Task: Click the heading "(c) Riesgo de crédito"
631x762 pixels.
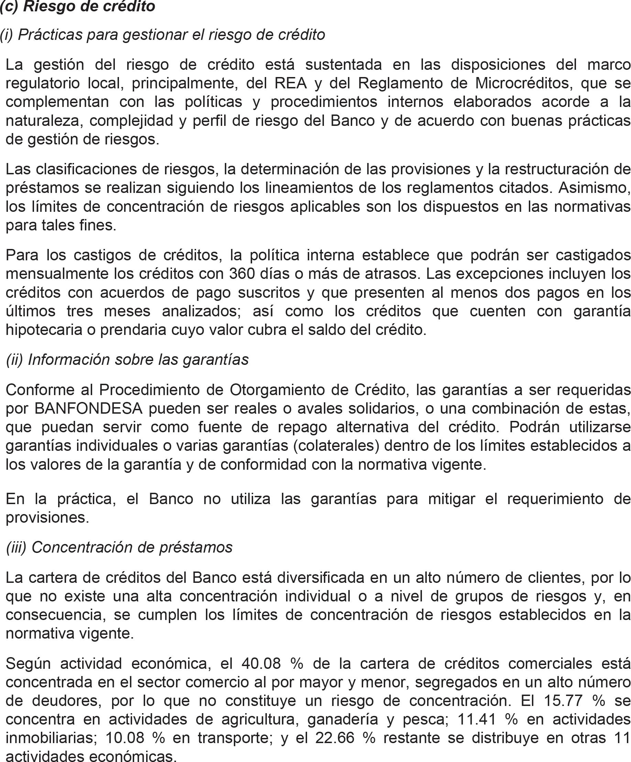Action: [77, 7]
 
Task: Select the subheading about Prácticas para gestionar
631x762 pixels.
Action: [162, 35]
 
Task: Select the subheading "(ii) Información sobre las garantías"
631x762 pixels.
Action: [127, 360]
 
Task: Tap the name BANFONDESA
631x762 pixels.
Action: [88, 409]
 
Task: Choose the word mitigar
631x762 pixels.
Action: [452, 499]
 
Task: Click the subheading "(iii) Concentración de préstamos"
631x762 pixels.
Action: [119, 547]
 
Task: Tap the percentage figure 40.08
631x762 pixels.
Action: [261, 664]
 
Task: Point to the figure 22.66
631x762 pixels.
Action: [335, 738]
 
